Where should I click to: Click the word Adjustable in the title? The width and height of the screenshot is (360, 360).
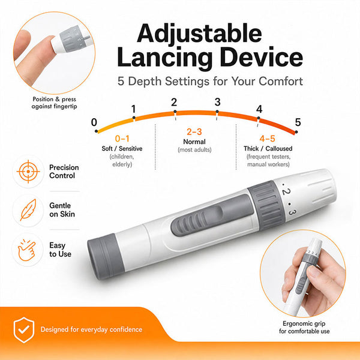(x=199, y=34)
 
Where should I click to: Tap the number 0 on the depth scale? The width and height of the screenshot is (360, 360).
(x=94, y=122)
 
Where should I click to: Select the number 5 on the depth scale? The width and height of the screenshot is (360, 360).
(x=298, y=122)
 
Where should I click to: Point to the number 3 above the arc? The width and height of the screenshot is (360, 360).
(x=217, y=102)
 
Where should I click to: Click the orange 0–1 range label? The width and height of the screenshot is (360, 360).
(x=122, y=139)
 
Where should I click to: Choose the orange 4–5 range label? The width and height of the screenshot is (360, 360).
(x=267, y=139)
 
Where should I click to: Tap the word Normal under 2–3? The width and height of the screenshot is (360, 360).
(x=194, y=142)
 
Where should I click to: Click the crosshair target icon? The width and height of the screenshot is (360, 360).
(x=28, y=172)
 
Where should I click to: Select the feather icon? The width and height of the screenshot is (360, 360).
(x=28, y=210)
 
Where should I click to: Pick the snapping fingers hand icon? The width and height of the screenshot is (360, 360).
(x=27, y=250)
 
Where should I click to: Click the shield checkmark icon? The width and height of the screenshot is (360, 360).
(x=24, y=330)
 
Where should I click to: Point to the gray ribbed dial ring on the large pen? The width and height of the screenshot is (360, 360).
(x=266, y=205)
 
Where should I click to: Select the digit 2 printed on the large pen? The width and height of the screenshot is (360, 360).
(x=287, y=191)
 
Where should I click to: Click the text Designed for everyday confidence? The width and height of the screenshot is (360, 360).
(x=91, y=329)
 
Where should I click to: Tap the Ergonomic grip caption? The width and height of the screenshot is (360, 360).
(x=304, y=328)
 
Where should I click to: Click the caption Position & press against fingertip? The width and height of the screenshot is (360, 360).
(x=55, y=103)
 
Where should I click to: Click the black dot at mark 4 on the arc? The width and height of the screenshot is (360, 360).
(x=259, y=118)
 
